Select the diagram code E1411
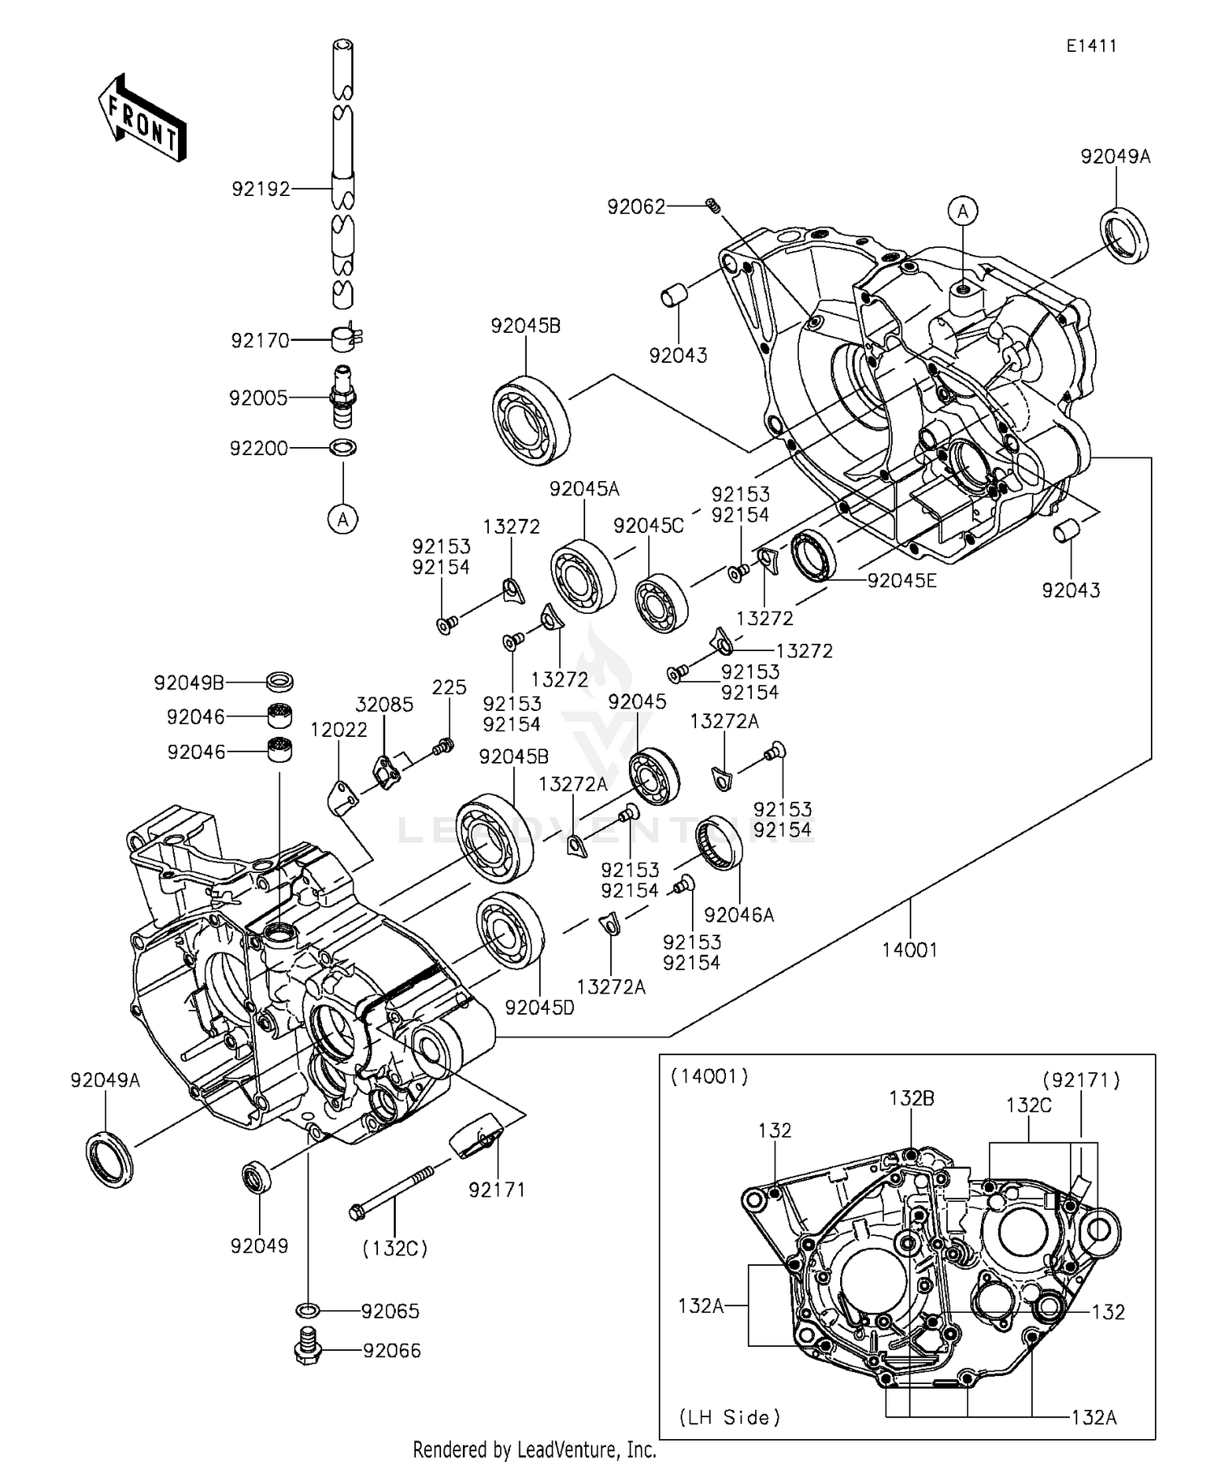click(1090, 46)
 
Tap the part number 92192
click(261, 189)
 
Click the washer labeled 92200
click(343, 447)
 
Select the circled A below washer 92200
click(343, 518)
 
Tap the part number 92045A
click(584, 488)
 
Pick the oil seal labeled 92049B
click(279, 681)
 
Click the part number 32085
click(384, 705)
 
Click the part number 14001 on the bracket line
click(910, 949)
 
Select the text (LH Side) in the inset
click(729, 1416)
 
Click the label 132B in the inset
click(911, 1098)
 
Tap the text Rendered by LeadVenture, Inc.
click(534, 1449)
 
